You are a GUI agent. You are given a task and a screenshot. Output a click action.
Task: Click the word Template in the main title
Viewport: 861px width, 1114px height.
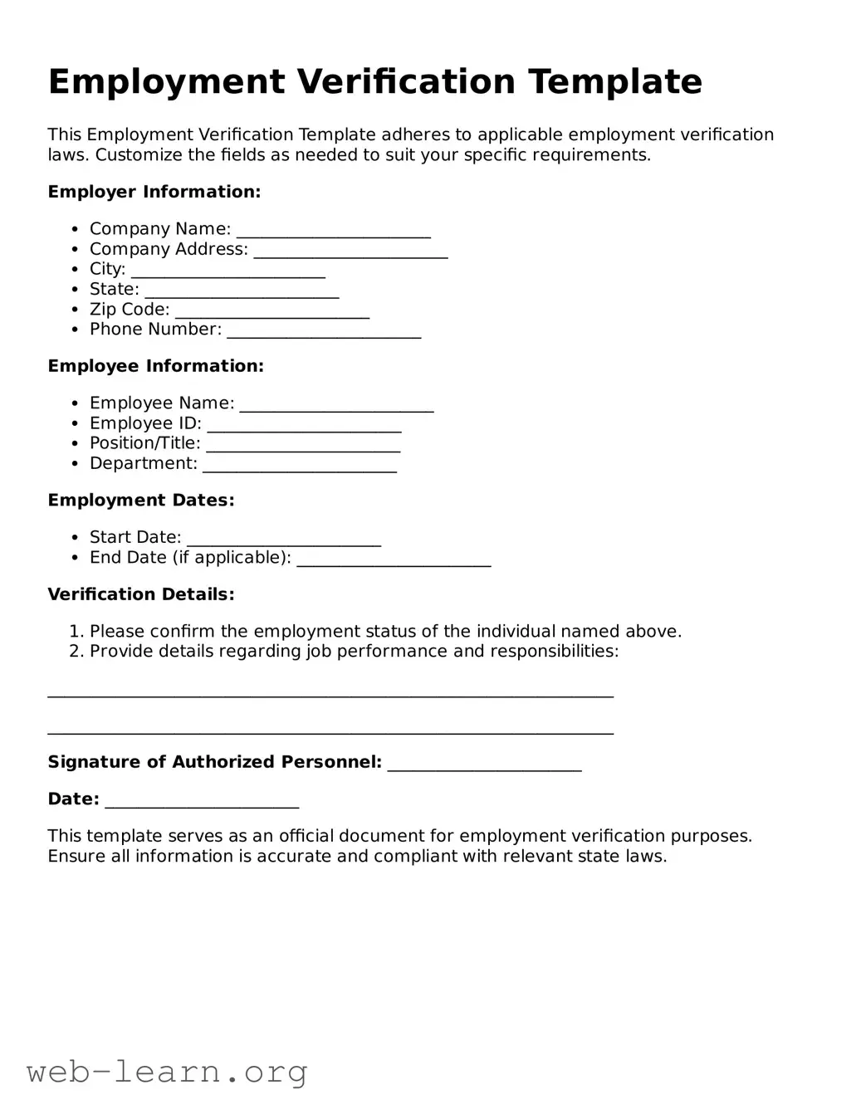tap(614, 81)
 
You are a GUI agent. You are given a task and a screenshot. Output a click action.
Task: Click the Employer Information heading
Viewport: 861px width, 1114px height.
tap(154, 192)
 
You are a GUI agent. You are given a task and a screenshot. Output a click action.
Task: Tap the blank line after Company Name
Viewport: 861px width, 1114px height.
tap(333, 232)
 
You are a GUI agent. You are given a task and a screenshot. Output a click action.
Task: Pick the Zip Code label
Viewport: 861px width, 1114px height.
tap(130, 310)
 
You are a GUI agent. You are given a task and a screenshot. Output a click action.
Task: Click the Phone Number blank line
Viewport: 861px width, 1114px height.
tap(324, 332)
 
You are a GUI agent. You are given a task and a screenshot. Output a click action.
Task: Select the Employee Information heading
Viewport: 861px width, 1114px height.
tap(155, 366)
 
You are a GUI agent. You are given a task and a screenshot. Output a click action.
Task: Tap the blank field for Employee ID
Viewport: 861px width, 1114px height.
tap(304, 426)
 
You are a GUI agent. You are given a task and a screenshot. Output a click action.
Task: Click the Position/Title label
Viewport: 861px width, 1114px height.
tap(145, 443)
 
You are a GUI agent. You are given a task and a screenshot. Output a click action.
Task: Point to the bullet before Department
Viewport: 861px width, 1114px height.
tap(75, 464)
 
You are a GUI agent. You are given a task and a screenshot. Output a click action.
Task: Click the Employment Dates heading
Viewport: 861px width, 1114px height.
tap(141, 501)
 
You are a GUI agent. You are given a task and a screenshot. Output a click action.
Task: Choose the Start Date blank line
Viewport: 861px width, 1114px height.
tap(283, 540)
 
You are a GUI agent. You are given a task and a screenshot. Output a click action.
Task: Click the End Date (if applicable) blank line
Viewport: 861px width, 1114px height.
tap(394, 560)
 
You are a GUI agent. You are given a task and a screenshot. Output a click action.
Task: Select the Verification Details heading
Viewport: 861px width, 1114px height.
tap(141, 594)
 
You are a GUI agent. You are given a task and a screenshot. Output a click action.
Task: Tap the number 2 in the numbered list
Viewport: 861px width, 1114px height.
tap(76, 652)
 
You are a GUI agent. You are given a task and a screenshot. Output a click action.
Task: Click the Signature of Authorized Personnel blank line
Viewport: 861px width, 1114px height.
tap(484, 765)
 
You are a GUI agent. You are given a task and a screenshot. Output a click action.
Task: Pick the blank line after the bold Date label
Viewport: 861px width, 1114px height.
tap(202, 802)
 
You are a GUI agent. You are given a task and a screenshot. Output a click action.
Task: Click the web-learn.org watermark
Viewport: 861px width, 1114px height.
tap(167, 1072)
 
